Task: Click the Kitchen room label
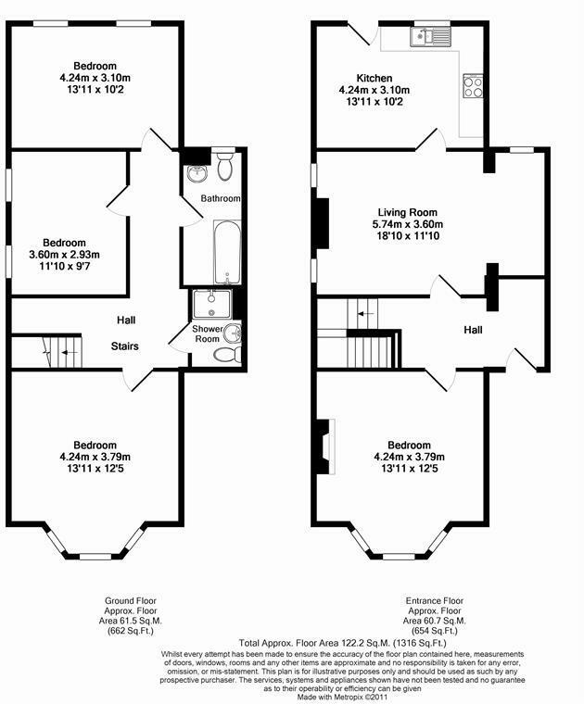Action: tap(375, 78)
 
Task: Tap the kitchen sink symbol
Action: tap(428, 36)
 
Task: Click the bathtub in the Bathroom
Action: tap(226, 250)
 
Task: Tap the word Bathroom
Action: tap(221, 199)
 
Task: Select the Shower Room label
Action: tap(206, 334)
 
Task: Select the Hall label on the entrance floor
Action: tap(473, 330)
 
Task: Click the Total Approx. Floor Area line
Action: tap(343, 642)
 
